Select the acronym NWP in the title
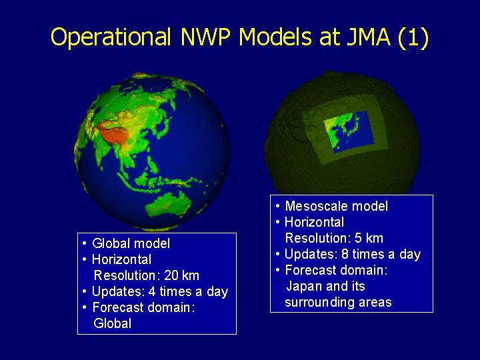click(207, 37)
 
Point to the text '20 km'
click(182, 275)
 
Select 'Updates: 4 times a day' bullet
click(159, 291)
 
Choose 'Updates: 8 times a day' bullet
click(352, 254)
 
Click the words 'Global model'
click(131, 243)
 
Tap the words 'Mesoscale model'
click(336, 206)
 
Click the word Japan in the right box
click(305, 286)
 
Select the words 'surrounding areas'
click(338, 302)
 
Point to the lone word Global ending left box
click(113, 323)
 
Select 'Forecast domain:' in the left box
click(143, 307)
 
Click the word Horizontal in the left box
click(121, 259)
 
